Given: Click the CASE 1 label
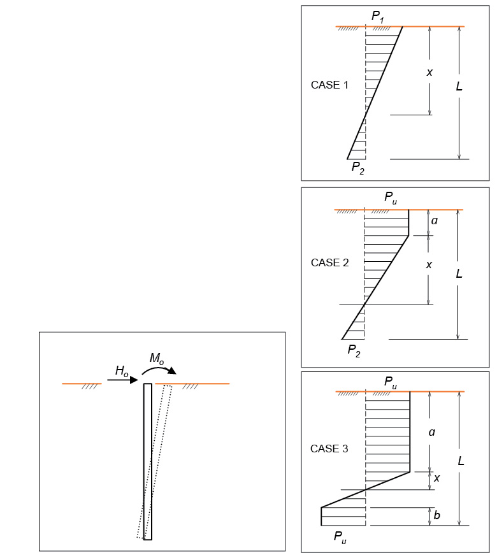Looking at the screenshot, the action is pyautogui.click(x=329, y=85).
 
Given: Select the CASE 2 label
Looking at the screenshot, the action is pyautogui.click(x=330, y=262).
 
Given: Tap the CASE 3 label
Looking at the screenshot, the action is pyautogui.click(x=329, y=449).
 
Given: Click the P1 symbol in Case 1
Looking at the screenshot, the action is pyautogui.click(x=378, y=17).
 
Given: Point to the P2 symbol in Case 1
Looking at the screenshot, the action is pyautogui.click(x=358, y=168).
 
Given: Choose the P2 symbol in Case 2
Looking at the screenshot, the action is pyautogui.click(x=354, y=351).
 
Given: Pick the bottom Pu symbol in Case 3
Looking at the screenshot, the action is pyautogui.click(x=340, y=538).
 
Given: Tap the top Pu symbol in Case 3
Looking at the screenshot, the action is pyautogui.click(x=391, y=383).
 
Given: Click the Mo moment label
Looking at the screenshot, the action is pyautogui.click(x=157, y=359).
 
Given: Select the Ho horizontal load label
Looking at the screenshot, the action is pyautogui.click(x=122, y=371).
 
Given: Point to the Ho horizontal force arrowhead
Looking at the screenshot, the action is pyautogui.click(x=134, y=380).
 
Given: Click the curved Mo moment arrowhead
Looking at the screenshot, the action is pyautogui.click(x=172, y=371).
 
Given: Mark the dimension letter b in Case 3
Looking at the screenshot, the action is pyautogui.click(x=436, y=515).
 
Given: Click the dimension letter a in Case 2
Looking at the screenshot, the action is pyautogui.click(x=434, y=221).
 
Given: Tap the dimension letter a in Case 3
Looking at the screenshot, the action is pyautogui.click(x=432, y=433).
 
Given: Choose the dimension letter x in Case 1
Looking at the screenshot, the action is pyautogui.click(x=429, y=72).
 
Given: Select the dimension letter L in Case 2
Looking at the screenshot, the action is pyautogui.click(x=459, y=273).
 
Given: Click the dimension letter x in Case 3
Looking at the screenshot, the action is pyautogui.click(x=436, y=478).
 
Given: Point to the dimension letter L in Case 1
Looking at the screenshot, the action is pyautogui.click(x=459, y=87).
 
